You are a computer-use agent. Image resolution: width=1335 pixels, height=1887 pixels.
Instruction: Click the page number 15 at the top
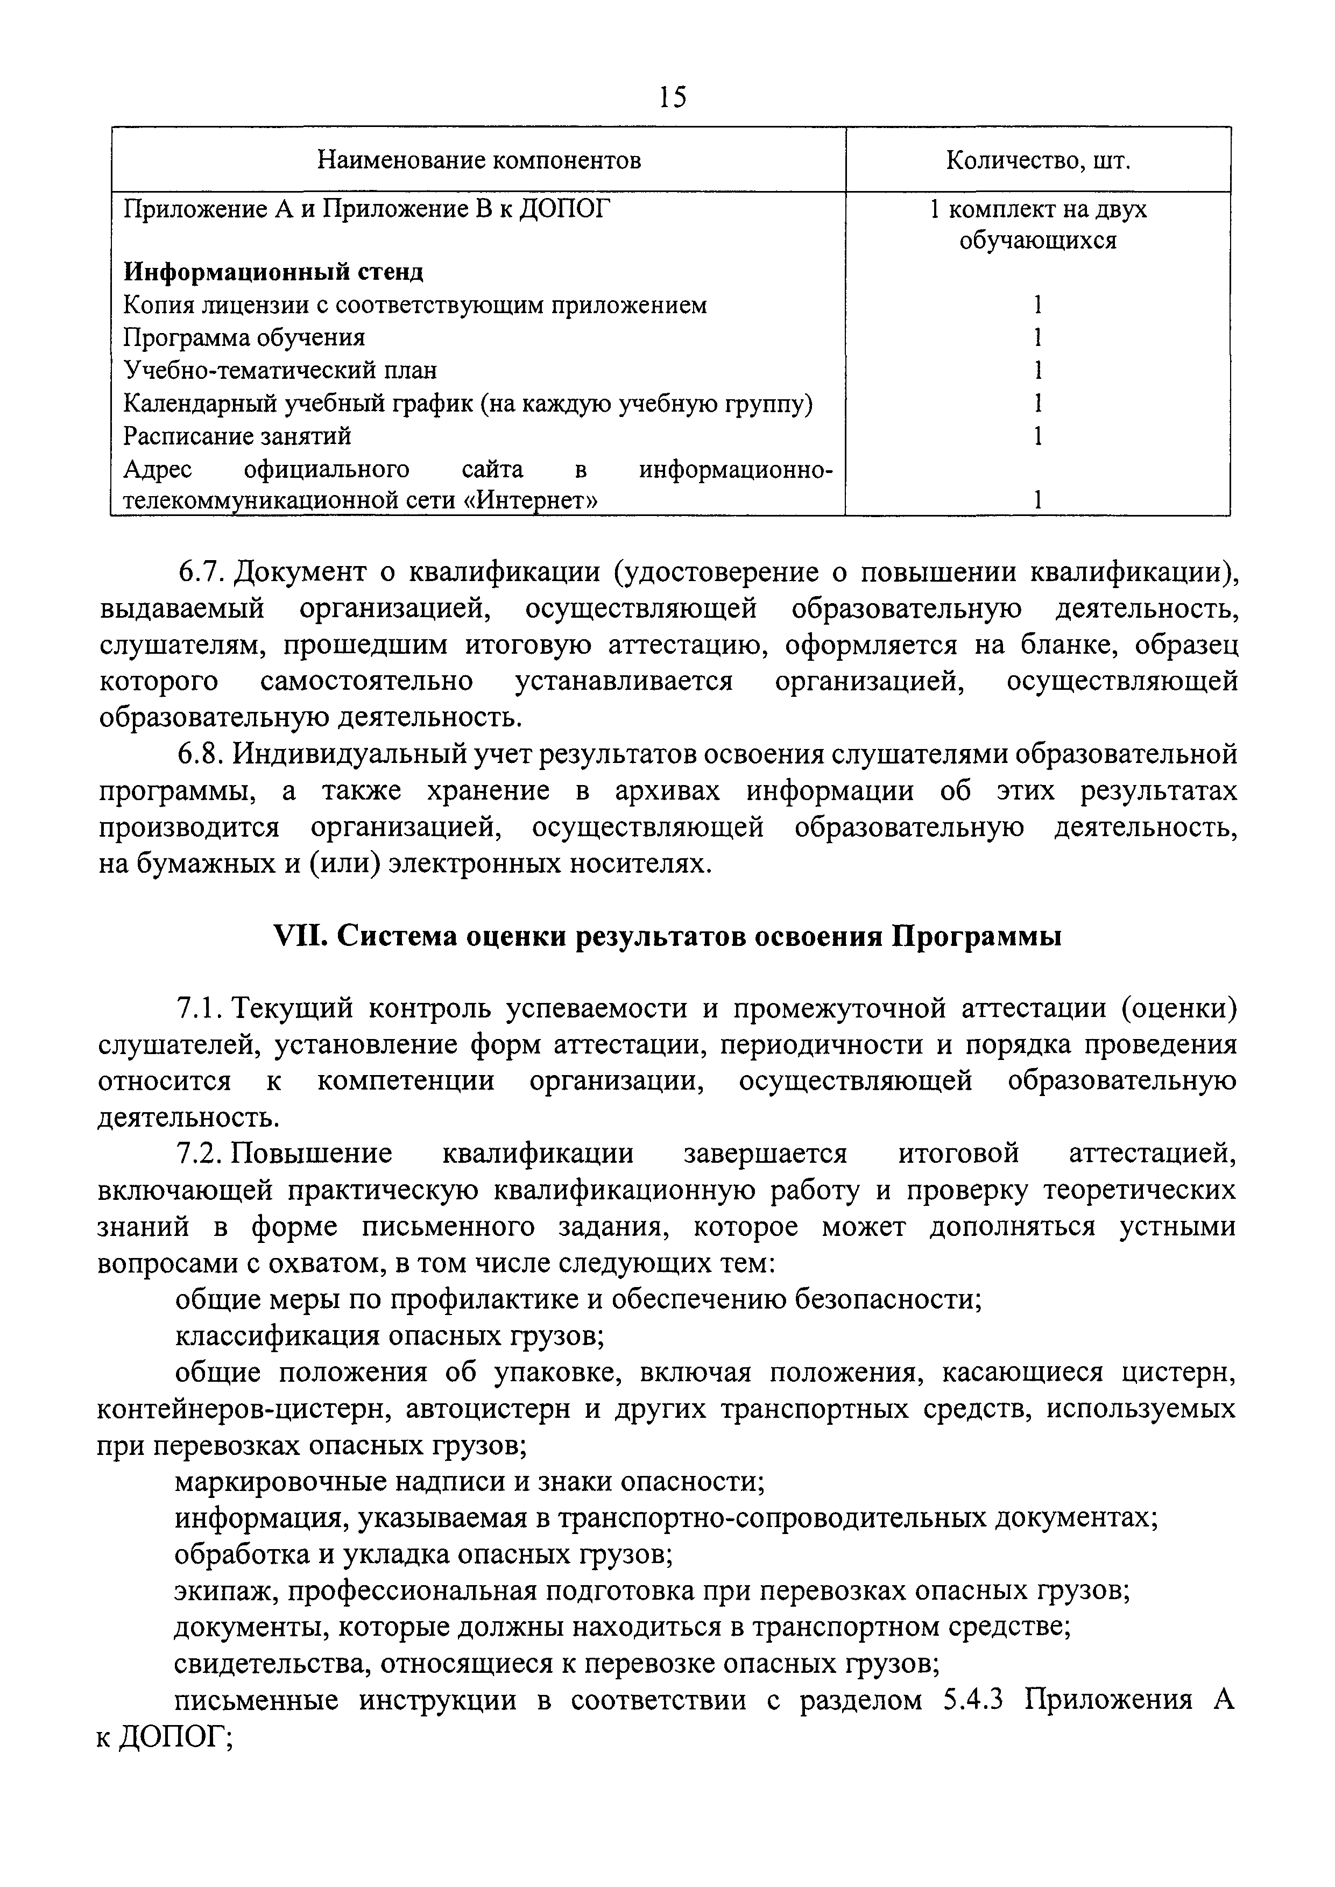pyautogui.click(x=672, y=98)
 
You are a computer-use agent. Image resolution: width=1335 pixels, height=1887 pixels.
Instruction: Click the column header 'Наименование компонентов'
pyautogui.click(x=479, y=159)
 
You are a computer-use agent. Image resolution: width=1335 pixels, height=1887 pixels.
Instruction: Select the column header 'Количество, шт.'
pyautogui.click(x=1038, y=159)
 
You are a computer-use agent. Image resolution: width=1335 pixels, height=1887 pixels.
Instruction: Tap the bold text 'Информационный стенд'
pyautogui.click(x=274, y=272)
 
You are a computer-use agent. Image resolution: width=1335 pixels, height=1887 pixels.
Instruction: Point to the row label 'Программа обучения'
pyautogui.click(x=244, y=338)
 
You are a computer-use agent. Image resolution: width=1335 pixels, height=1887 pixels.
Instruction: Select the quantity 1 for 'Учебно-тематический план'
pyautogui.click(x=1038, y=371)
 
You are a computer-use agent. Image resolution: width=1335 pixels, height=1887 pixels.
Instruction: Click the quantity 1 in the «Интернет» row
pyautogui.click(x=1038, y=500)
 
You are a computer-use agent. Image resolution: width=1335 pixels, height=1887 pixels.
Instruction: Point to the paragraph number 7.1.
pyautogui.click(x=201, y=1008)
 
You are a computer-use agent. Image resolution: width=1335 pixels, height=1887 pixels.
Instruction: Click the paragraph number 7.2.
pyautogui.click(x=201, y=1154)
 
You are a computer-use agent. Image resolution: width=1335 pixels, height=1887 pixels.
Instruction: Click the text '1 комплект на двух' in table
pyautogui.click(x=1038, y=209)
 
